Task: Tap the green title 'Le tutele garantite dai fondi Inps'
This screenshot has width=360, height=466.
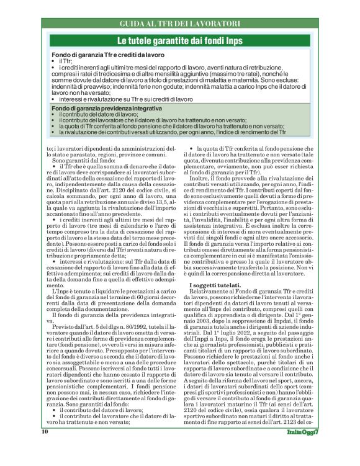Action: click(179, 40)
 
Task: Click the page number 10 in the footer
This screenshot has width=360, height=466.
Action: click(45, 448)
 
